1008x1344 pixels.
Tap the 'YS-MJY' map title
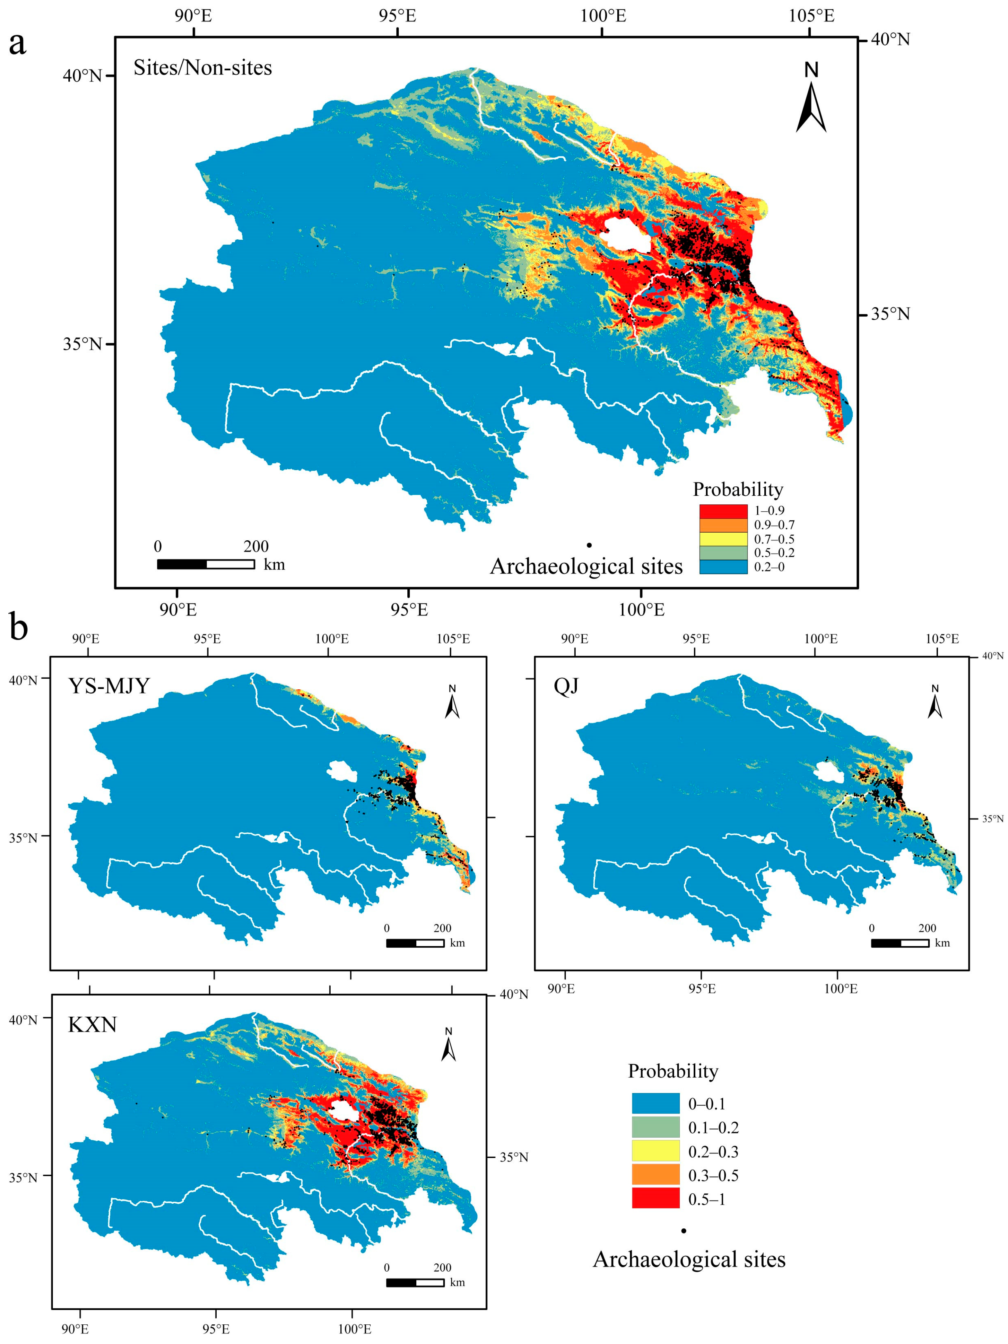click(109, 685)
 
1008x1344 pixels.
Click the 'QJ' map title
click(566, 685)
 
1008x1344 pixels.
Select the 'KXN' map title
click(92, 1024)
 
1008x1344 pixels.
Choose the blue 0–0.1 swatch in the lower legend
click(655, 1103)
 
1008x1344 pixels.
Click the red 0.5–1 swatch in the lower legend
click(655, 1199)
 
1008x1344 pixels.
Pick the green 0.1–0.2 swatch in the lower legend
click(655, 1127)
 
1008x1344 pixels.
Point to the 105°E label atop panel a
click(811, 16)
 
